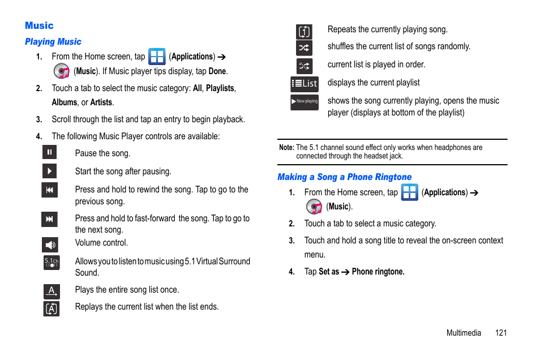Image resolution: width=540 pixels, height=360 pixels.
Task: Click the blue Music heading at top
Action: pyautogui.click(x=39, y=25)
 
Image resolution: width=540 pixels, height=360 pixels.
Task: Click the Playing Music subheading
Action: pyautogui.click(x=53, y=42)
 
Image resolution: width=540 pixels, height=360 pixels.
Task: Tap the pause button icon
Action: pyautogui.click(x=49, y=152)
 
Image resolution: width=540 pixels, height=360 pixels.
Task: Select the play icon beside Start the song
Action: pyautogui.click(x=49, y=171)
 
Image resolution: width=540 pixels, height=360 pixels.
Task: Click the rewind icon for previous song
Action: pyautogui.click(x=49, y=190)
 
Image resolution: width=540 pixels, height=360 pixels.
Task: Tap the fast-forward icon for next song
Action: pyautogui.click(x=49, y=219)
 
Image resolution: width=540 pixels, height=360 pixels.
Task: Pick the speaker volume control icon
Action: pyautogui.click(x=50, y=245)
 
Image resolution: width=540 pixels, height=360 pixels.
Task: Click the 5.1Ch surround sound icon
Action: pyautogui.click(x=51, y=263)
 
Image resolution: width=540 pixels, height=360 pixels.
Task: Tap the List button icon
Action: pyautogui.click(x=305, y=84)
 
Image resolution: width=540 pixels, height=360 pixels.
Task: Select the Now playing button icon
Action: pyautogui.click(x=305, y=102)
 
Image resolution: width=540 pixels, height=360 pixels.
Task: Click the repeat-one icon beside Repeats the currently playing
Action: pyautogui.click(x=305, y=32)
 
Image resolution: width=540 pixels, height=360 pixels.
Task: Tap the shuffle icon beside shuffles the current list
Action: pyautogui.click(x=305, y=48)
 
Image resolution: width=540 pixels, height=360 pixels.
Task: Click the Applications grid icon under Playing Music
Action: pyautogui.click(x=157, y=57)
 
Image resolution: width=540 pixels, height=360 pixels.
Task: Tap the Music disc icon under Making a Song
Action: pyautogui.click(x=314, y=207)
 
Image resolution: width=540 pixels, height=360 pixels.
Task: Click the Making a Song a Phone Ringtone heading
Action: pyautogui.click(x=344, y=177)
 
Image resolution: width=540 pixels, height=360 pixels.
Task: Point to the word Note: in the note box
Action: pyautogui.click(x=286, y=148)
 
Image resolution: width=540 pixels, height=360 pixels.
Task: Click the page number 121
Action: pyautogui.click(x=500, y=333)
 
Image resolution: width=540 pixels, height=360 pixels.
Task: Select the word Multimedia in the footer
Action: pyautogui.click(x=464, y=333)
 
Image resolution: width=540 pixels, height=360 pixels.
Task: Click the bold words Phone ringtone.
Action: pyautogui.click(x=378, y=272)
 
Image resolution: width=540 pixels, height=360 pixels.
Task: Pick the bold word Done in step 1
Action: pyautogui.click(x=217, y=71)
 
